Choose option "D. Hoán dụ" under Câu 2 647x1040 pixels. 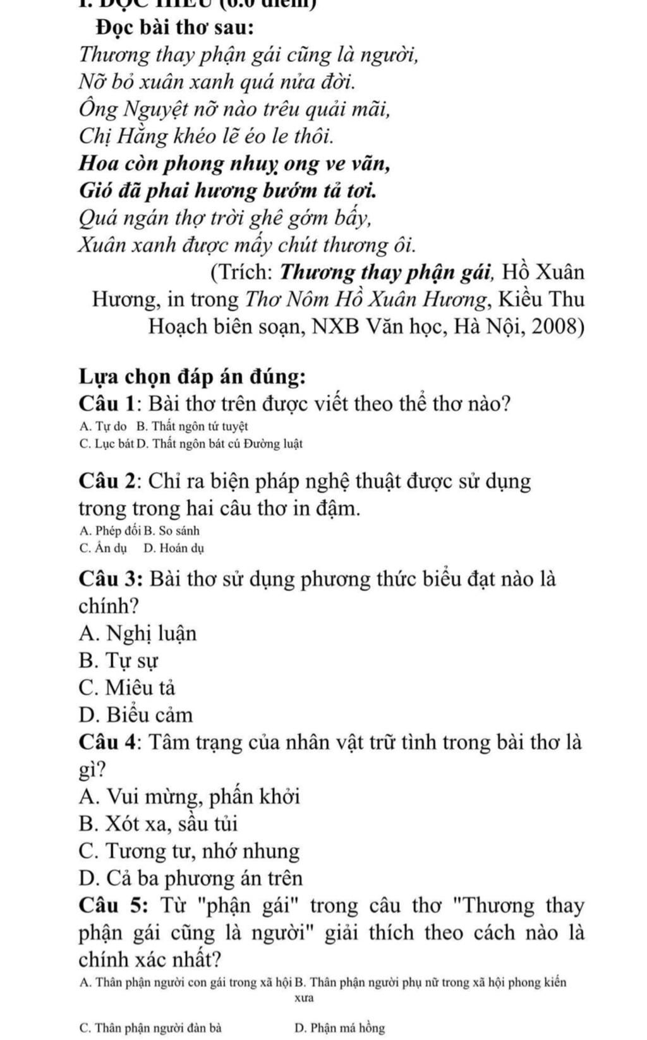174,548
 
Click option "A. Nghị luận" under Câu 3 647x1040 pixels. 138,633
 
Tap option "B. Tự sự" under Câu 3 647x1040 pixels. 119,660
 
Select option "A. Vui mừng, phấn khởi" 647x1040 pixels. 190,796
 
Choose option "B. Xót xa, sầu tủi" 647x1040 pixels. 159,824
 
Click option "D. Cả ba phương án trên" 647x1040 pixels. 191,878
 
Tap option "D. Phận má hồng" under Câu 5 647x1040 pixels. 339,1027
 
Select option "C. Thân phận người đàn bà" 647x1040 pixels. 151,1027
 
